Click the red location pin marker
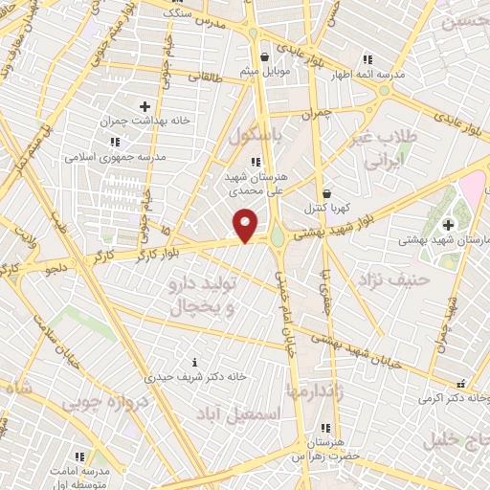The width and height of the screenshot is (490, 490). point(246,226)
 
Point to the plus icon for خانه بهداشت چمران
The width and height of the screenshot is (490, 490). point(145,106)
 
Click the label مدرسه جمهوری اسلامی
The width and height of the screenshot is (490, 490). point(115,156)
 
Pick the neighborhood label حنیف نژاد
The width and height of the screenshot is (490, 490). point(385,280)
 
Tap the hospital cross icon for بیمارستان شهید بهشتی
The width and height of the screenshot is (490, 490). point(448,224)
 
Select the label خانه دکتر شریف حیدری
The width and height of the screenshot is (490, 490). point(195,376)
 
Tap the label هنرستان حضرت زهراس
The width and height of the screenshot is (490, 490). point(326,445)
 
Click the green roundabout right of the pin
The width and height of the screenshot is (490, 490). point(278,234)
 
